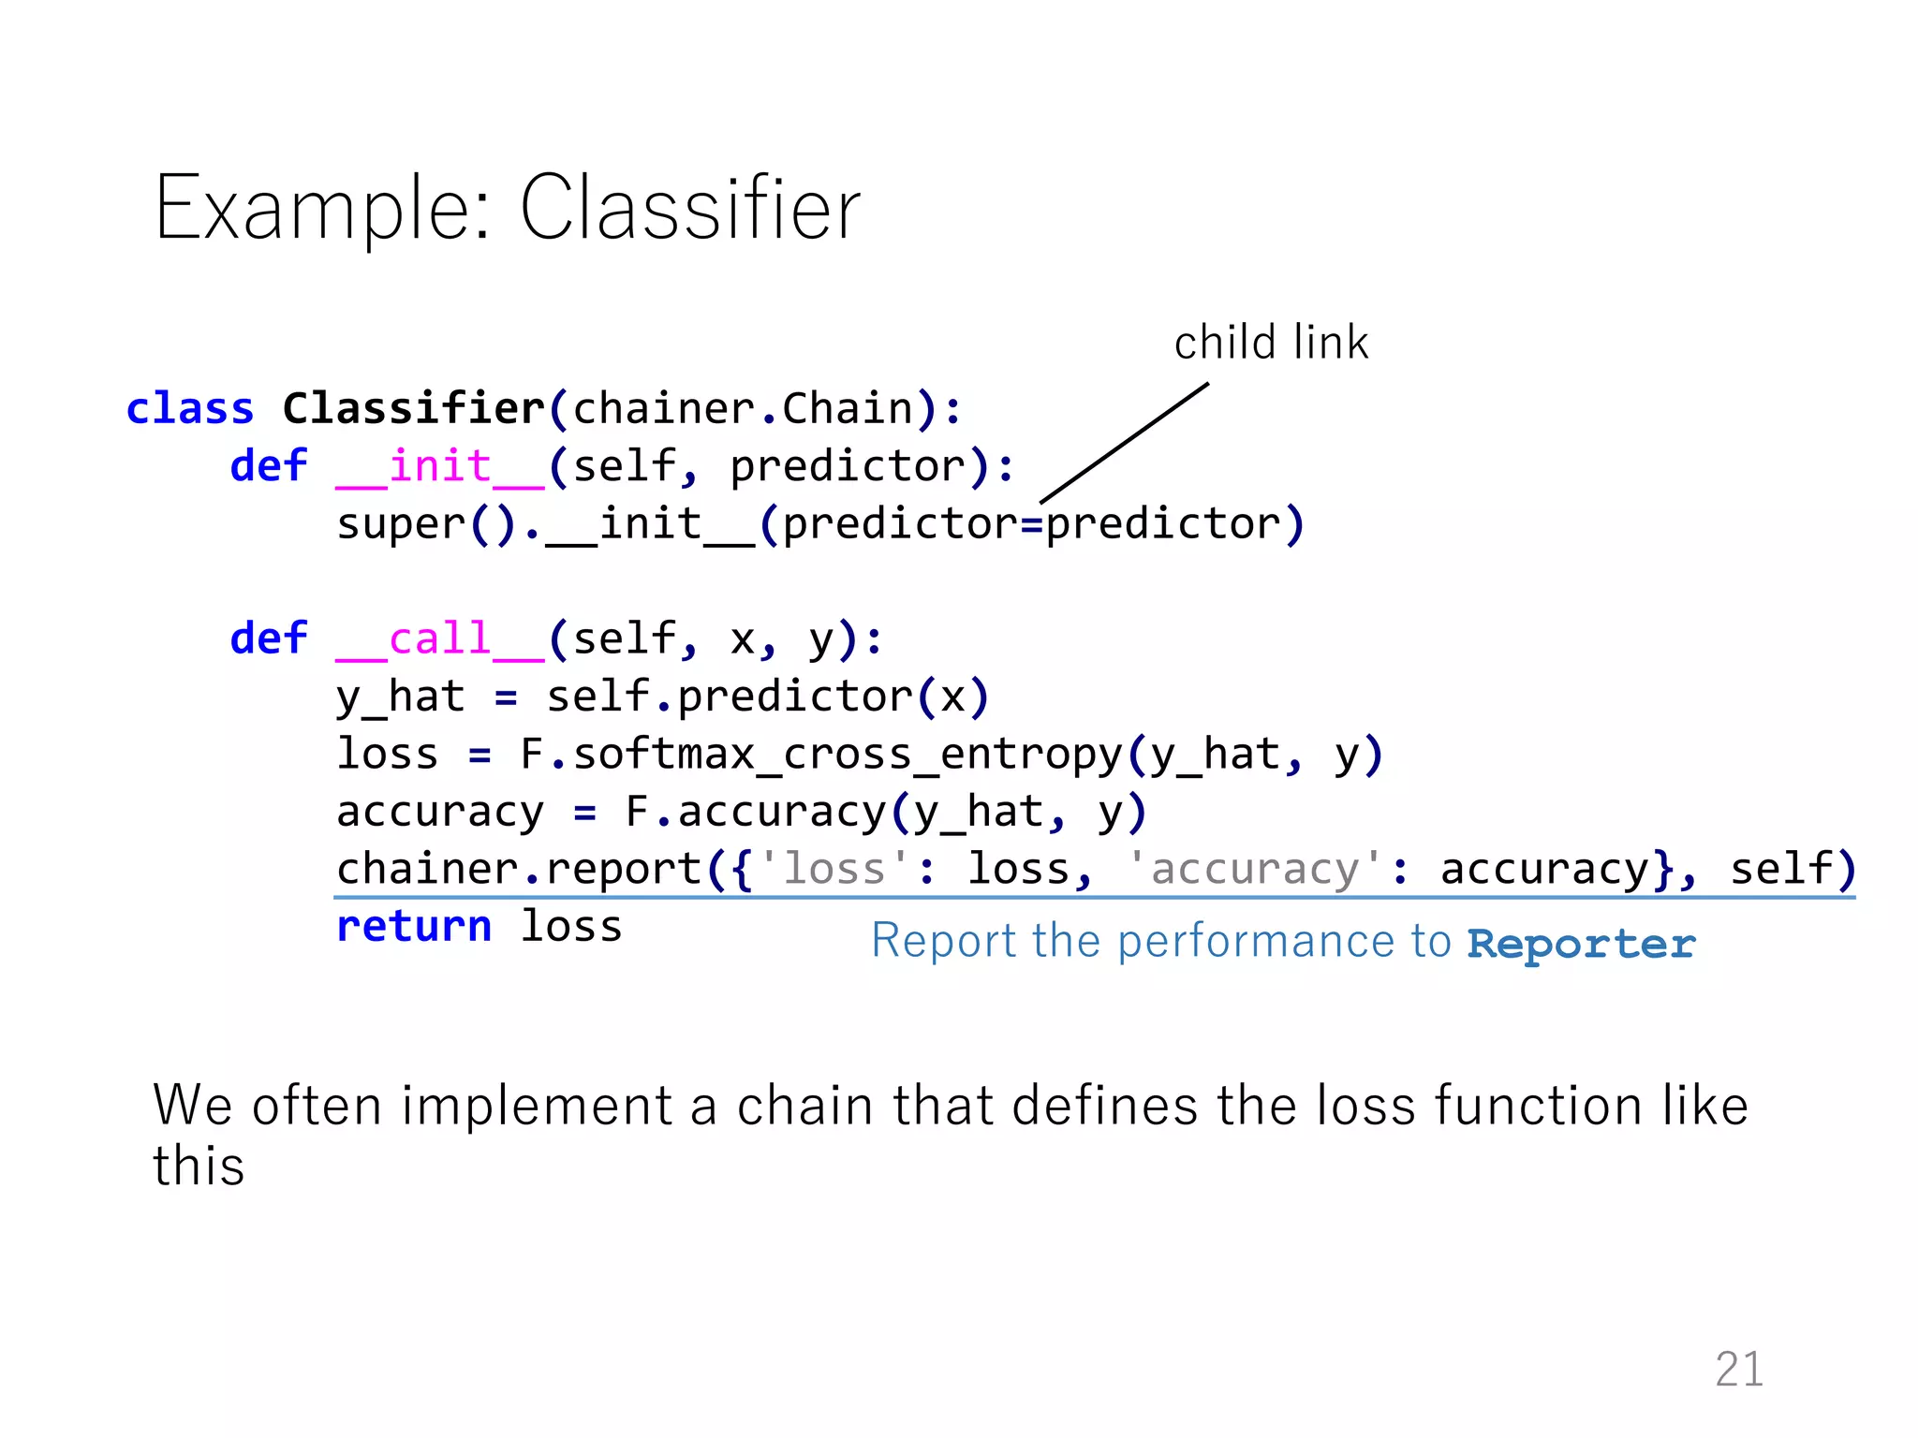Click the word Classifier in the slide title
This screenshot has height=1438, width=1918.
pyautogui.click(x=690, y=208)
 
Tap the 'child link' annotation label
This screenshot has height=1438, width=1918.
pyautogui.click(x=1271, y=343)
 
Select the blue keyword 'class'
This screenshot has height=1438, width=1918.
pyautogui.click(x=190, y=409)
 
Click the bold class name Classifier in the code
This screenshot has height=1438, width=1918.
pyautogui.click(x=413, y=409)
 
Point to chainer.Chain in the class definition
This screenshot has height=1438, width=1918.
pyautogui.click(x=743, y=409)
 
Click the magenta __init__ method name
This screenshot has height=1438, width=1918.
pyautogui.click(x=439, y=466)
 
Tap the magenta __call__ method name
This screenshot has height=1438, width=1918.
pyautogui.click(x=439, y=639)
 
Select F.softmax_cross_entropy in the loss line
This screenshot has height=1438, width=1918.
pyautogui.click(x=820, y=755)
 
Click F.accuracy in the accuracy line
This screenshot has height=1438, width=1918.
pyautogui.click(x=755, y=812)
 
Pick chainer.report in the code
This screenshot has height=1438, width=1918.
pyautogui.click(x=518, y=869)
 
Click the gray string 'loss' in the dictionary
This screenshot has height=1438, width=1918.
pyautogui.click(x=833, y=869)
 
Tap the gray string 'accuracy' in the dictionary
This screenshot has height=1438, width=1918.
pyautogui.click(x=1255, y=869)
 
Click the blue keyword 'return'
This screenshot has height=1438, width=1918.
pyautogui.click(x=414, y=927)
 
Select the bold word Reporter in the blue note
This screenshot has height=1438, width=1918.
pyautogui.click(x=1581, y=943)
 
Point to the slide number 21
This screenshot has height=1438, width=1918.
pyautogui.click(x=1739, y=1369)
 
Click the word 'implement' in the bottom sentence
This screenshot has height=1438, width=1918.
pyautogui.click(x=537, y=1106)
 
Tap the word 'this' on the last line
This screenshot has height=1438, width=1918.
pyautogui.click(x=199, y=1167)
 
